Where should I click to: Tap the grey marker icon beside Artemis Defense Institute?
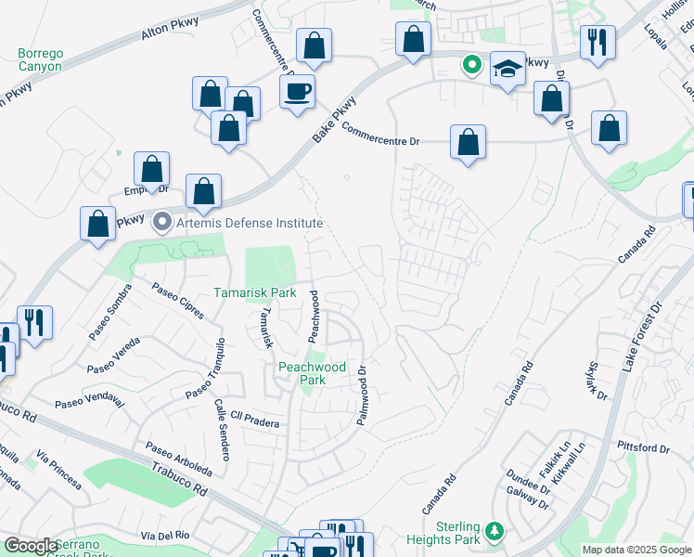163,223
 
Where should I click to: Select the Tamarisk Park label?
254,291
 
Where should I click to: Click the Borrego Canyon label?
40,59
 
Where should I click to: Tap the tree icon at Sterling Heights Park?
495,531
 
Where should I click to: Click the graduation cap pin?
507,69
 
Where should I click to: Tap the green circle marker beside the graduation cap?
472,65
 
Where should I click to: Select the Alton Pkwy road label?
166,34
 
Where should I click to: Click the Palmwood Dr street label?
363,395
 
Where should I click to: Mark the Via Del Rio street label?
165,536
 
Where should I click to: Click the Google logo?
32,546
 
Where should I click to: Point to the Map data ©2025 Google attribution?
636,550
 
